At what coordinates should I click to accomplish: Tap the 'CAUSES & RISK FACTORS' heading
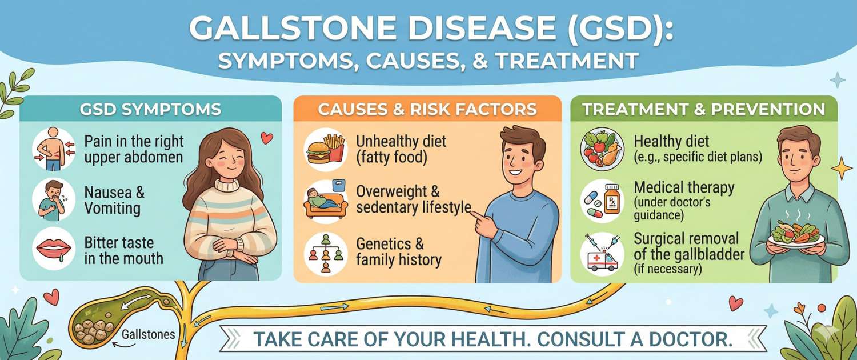point(427,109)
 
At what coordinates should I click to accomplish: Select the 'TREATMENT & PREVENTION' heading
point(703,109)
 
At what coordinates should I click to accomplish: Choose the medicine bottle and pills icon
point(599,201)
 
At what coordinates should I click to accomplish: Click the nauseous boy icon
point(52,198)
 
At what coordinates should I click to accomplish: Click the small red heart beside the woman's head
point(266,137)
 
